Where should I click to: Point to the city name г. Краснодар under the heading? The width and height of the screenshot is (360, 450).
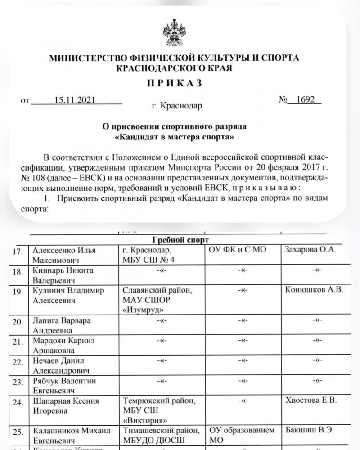point(177,106)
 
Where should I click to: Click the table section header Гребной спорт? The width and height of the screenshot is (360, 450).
point(179,240)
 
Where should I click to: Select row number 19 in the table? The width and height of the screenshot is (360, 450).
point(18,291)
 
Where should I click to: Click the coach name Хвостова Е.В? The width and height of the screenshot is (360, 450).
point(311,400)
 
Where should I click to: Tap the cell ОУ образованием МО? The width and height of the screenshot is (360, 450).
point(242,435)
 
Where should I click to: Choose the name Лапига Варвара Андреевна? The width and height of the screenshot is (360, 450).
point(62,325)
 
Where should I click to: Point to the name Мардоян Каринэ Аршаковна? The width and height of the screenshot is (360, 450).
point(63,345)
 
